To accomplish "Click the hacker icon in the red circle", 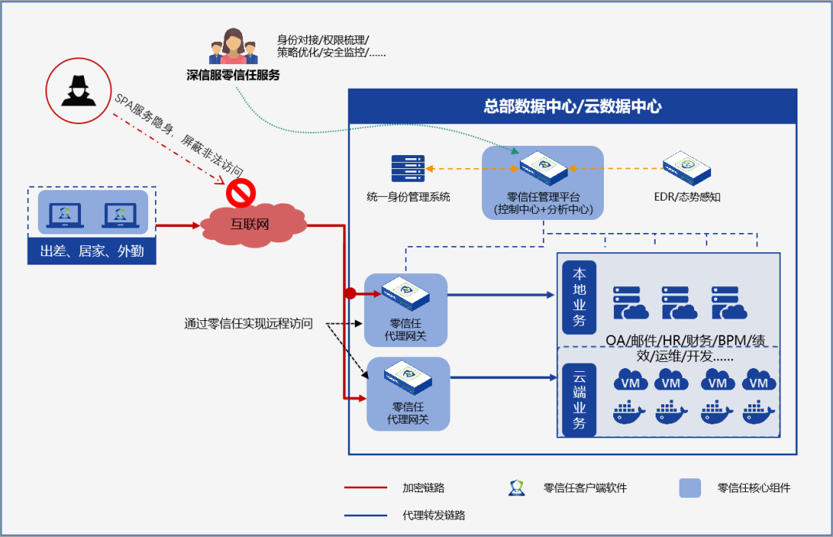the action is [79, 91].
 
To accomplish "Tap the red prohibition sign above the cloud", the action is [241, 193].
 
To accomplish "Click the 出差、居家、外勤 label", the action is [92, 251].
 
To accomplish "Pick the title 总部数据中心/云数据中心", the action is [572, 106].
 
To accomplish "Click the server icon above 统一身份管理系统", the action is [408, 168].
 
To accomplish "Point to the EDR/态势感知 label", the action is [687, 197].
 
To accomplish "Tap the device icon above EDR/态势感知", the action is [687, 167].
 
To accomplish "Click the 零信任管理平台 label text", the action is [544, 197].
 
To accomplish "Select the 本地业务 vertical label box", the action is [579, 297].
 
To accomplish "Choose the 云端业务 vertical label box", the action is [579, 400].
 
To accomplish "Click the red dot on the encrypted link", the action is [350, 293].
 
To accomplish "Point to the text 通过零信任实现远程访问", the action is [248, 323].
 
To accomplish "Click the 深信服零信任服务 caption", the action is [233, 75].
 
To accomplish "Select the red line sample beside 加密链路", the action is [366, 488].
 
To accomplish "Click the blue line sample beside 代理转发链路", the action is [366, 515].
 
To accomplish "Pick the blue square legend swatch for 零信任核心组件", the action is [690, 488].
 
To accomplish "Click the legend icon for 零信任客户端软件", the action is [516, 488].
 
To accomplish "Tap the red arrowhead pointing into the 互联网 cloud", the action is [195, 225].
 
